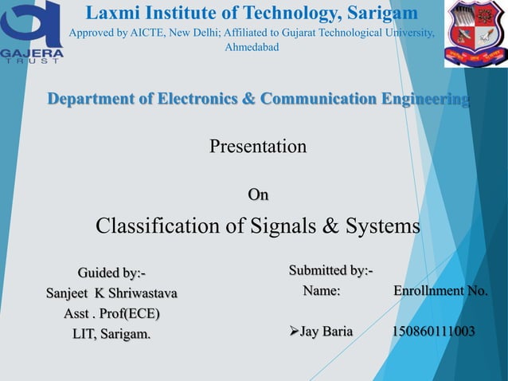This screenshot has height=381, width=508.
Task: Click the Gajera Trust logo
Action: click(x=32, y=34)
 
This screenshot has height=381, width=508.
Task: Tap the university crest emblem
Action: click(x=475, y=34)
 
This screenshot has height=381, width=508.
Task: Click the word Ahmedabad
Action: click(x=252, y=48)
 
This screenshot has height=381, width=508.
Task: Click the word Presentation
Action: click(x=257, y=147)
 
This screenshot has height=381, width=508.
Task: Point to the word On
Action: click(x=258, y=194)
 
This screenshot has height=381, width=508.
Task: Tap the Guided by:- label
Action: click(x=111, y=273)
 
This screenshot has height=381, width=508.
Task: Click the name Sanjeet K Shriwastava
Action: click(x=111, y=293)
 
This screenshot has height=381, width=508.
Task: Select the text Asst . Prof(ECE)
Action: click(x=111, y=312)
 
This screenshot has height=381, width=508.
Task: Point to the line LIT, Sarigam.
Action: click(x=111, y=333)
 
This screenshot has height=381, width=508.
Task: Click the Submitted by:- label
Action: click(x=330, y=272)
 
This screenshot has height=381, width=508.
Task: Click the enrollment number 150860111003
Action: click(x=434, y=332)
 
